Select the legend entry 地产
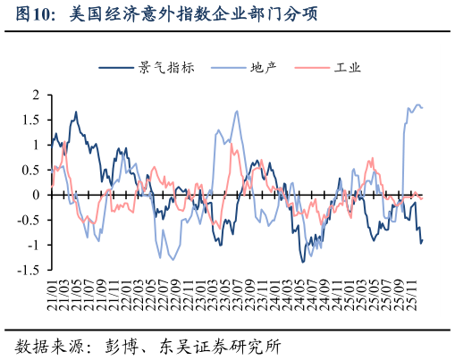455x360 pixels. coord(263,67)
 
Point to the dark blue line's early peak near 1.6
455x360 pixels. coord(76,113)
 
